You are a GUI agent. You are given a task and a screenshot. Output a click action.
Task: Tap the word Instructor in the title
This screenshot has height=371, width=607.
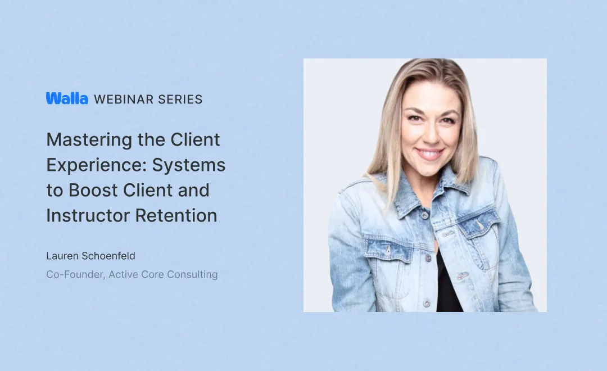[x=87, y=215]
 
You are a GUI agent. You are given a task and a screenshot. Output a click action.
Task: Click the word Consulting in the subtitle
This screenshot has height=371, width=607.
[x=194, y=275]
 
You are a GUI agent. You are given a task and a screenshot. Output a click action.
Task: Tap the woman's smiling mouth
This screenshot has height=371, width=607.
[x=430, y=153]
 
